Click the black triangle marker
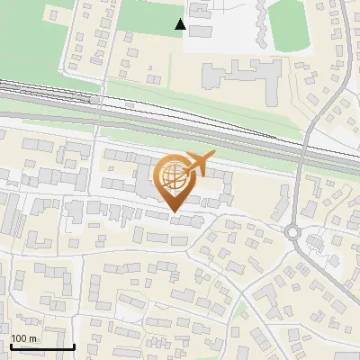click(x=181, y=24)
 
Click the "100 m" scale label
click(x=24, y=338)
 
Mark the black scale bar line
click(x=41, y=346)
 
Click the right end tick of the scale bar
click(x=73, y=345)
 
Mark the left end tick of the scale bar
click(x=10, y=345)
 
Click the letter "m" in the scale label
click(x=34, y=338)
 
